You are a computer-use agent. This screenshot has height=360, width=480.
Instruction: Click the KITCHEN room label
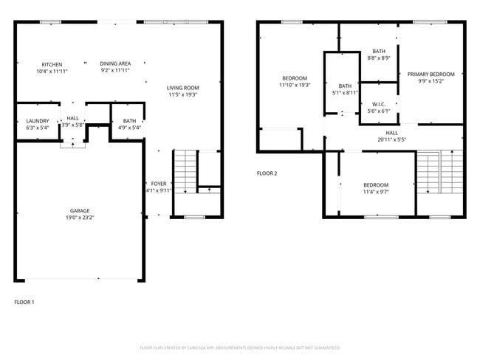point(52,64)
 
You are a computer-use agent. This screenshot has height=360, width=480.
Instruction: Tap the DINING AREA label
point(116,64)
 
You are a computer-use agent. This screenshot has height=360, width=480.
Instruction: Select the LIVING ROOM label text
point(183,88)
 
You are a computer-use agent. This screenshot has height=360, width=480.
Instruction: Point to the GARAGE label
point(80,211)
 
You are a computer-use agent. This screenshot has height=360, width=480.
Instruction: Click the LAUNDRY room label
point(37,120)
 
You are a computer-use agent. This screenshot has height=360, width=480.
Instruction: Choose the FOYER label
point(159,183)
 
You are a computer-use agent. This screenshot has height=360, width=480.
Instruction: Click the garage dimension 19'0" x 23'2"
point(80,218)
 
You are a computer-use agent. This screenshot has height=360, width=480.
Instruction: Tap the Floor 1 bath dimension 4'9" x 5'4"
point(130,128)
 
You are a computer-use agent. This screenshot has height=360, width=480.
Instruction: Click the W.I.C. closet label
point(379,104)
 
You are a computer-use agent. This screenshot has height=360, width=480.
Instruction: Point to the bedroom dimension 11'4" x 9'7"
point(376,192)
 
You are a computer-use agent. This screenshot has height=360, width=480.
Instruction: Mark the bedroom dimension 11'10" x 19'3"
point(294,85)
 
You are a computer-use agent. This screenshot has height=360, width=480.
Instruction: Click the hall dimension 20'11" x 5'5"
point(391,139)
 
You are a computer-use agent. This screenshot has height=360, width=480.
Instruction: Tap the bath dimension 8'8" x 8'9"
point(379,58)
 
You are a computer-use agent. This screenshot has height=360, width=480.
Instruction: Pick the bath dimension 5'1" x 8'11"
point(346,93)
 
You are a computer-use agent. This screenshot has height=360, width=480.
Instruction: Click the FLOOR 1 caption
point(24,302)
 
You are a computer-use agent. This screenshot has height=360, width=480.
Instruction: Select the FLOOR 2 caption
point(267,173)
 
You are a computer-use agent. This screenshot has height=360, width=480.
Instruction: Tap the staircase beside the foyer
point(185,171)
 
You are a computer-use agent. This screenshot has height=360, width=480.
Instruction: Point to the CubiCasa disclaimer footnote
point(240,347)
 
